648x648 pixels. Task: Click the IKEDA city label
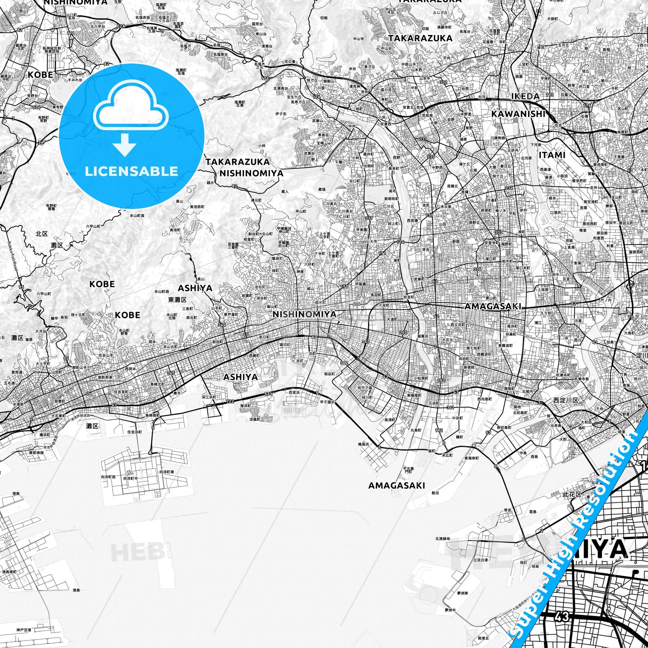tap(525, 97)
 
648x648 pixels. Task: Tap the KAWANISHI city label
tap(518, 114)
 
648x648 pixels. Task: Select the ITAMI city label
tap(552, 155)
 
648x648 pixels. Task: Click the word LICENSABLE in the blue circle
tap(131, 171)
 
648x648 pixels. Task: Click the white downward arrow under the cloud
tap(125, 144)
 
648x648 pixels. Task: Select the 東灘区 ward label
tap(177, 299)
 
